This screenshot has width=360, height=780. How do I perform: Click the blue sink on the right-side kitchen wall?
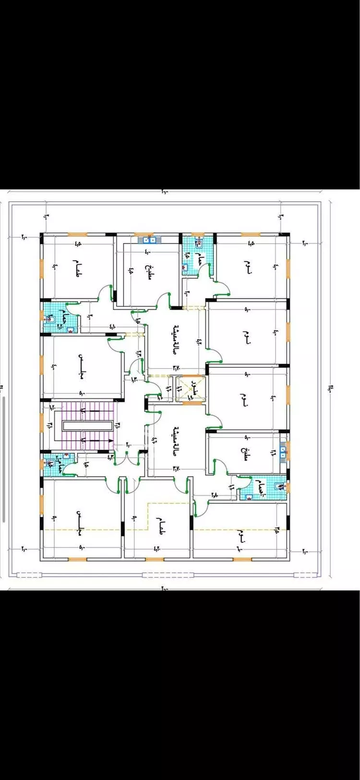pyautogui.click(x=284, y=452)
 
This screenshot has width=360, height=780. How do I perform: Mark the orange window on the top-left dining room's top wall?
pyautogui.click(x=77, y=234)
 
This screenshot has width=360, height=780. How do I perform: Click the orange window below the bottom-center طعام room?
pyautogui.click(x=155, y=559)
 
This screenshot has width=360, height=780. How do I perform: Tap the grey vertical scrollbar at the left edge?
pyautogui.click(x=4, y=459)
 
